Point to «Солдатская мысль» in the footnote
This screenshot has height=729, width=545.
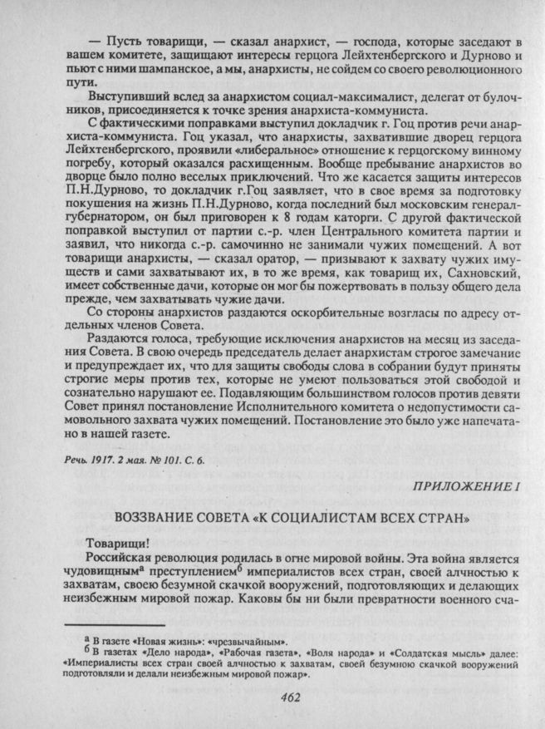tap(430, 653)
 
